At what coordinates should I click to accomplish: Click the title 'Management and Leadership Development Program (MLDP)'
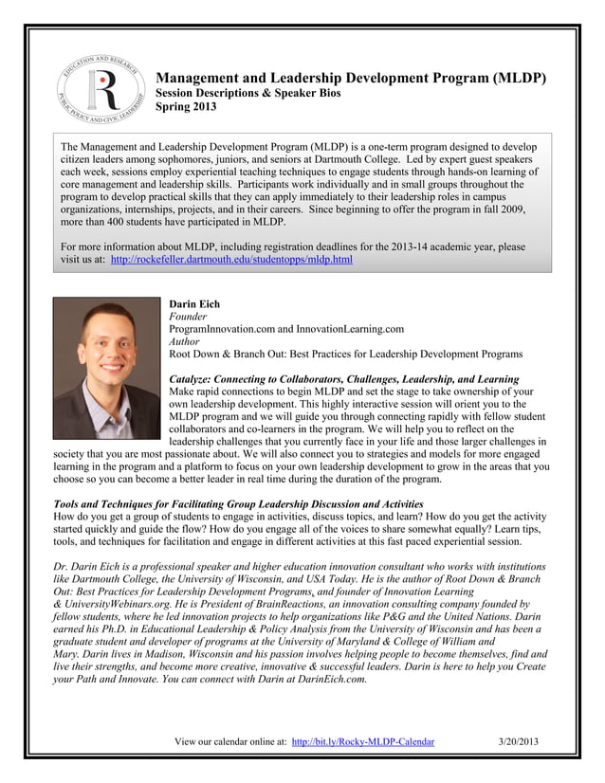pyautogui.click(x=350, y=77)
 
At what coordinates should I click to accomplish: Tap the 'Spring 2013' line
pyautogui.click(x=186, y=107)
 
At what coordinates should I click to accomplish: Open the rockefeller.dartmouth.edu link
pyautogui.click(x=231, y=259)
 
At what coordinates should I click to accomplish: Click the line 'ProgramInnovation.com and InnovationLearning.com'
pyautogui.click(x=285, y=329)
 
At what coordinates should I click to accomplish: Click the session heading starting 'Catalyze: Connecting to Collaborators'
pyautogui.click(x=343, y=379)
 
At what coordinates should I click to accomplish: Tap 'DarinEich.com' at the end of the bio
pyautogui.click(x=324, y=680)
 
